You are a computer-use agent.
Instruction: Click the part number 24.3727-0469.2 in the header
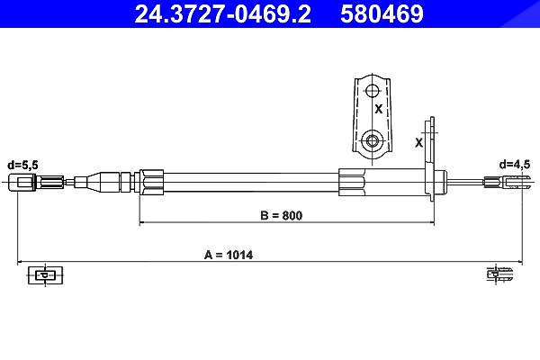222,14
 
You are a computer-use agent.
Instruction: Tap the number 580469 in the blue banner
382,14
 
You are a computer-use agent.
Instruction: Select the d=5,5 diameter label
22,166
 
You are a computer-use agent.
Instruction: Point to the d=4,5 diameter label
515,165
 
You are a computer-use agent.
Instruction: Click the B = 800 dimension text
282,216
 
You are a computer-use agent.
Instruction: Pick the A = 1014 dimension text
229,256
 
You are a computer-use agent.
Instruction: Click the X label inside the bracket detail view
379,109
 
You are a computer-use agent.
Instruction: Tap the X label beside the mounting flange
418,142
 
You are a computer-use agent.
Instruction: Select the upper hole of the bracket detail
372,91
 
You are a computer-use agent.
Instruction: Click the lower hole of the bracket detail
372,140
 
